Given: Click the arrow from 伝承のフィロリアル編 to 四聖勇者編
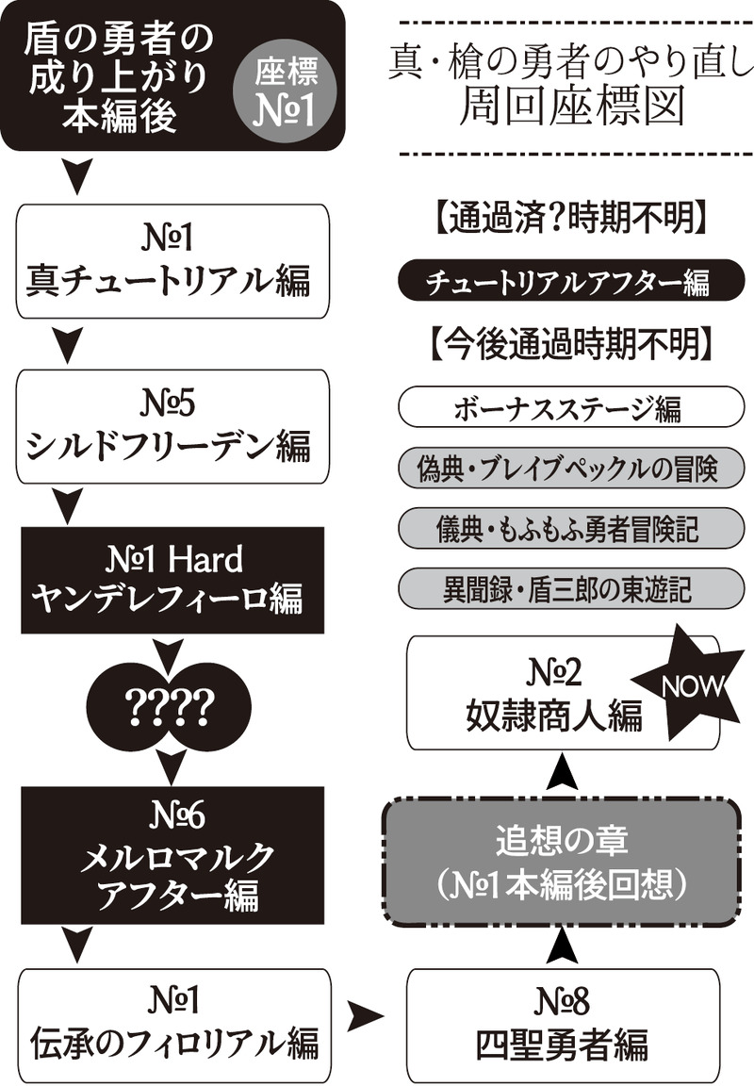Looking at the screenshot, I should coord(368,1016).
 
